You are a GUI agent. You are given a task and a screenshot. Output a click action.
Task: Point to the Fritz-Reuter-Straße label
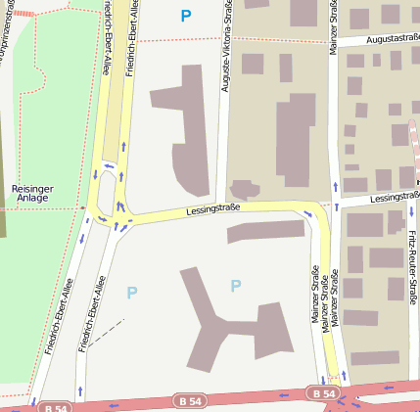tap(413, 265)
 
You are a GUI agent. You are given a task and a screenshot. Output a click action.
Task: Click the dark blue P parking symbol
tap(186, 16)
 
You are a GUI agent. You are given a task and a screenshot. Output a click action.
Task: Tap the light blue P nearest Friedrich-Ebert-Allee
tap(132, 292)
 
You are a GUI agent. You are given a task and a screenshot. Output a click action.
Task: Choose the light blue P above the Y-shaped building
tap(235, 286)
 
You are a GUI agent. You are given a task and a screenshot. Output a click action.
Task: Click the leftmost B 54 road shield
tap(58, 407)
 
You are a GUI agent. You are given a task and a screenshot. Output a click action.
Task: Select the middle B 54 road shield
tap(190, 400)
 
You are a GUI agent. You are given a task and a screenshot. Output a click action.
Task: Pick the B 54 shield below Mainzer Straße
tap(321, 392)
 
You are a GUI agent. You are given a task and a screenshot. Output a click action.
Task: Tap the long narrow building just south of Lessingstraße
tap(265, 231)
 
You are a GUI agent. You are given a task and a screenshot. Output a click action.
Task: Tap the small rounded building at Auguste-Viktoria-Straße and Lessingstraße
tap(244, 189)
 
